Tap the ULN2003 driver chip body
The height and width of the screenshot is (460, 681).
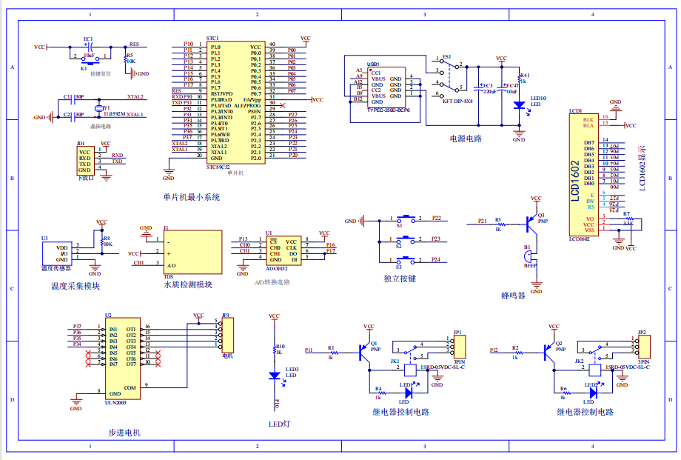click(x=121, y=356)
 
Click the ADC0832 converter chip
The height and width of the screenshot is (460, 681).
click(x=284, y=251)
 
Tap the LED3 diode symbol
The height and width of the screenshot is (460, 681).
click(x=275, y=376)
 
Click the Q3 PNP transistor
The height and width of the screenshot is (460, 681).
click(x=530, y=220)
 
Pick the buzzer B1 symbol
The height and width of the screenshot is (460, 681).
click(x=528, y=256)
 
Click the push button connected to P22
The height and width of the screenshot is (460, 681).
click(x=406, y=219)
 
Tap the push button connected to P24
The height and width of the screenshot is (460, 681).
click(x=406, y=260)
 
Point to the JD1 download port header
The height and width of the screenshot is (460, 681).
click(x=85, y=161)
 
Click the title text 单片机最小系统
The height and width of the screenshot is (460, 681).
click(x=192, y=197)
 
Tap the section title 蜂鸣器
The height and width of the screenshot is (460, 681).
click(x=512, y=295)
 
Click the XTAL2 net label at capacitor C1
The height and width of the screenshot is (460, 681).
click(x=135, y=97)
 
